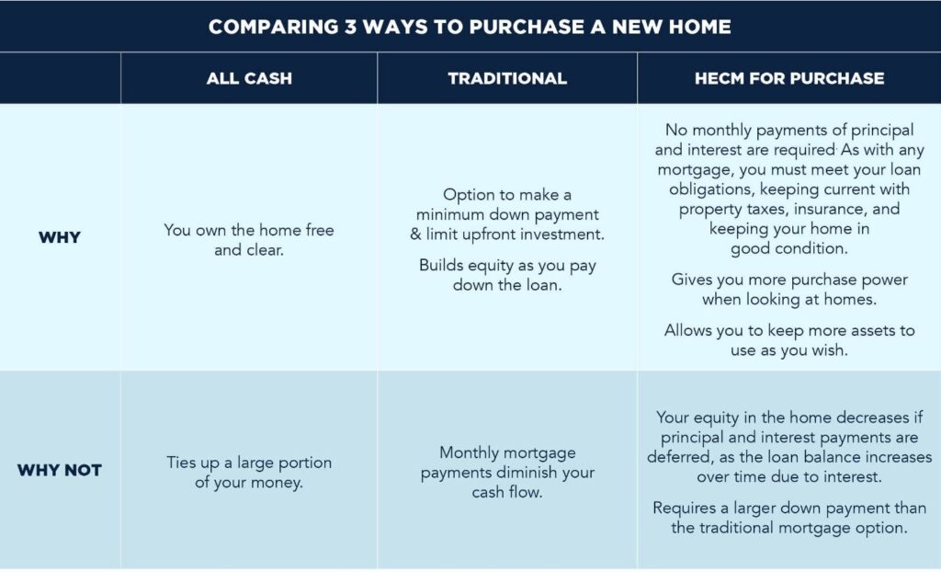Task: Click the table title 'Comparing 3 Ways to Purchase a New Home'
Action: pyautogui.click(x=470, y=27)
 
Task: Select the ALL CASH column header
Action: pyautogui.click(x=249, y=78)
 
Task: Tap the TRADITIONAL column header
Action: pyautogui.click(x=507, y=78)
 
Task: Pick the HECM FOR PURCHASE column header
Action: pyautogui.click(x=789, y=78)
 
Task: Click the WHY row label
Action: pyautogui.click(x=60, y=237)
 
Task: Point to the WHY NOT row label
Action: pyautogui.click(x=60, y=470)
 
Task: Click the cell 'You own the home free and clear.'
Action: pyautogui.click(x=249, y=240)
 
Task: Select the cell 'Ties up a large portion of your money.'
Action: pyautogui.click(x=249, y=473)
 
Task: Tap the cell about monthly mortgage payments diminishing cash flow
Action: pyautogui.click(x=507, y=473)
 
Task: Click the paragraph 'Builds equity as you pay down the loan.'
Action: pyautogui.click(x=507, y=275)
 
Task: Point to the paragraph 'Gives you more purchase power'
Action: pyautogui.click(x=789, y=289)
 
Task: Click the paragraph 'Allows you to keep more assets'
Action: pyautogui.click(x=789, y=340)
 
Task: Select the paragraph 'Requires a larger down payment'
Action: pyautogui.click(x=789, y=518)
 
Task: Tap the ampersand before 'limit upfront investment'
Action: pyautogui.click(x=415, y=235)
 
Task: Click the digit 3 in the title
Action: pyautogui.click(x=350, y=27)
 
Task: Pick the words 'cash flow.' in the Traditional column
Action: pyautogui.click(x=507, y=492)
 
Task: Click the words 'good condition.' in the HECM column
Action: pyautogui.click(x=789, y=248)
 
